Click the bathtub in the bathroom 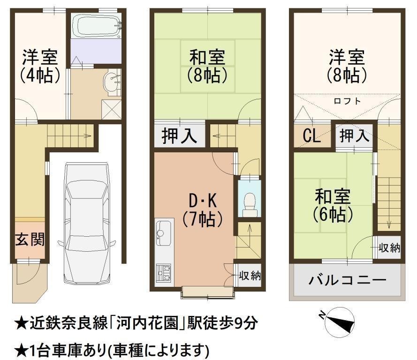pos(97,26)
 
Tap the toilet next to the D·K pos(250,204)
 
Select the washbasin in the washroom pos(113,82)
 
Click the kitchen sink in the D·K pos(163,233)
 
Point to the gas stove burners pos(163,273)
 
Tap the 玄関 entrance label pos(30,240)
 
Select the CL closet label pos(311,136)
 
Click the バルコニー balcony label pos(347,280)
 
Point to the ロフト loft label pos(347,101)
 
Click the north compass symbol pos(339,320)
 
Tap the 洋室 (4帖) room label pos(39,66)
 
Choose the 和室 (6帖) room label pos(333,206)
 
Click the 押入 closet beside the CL pos(354,136)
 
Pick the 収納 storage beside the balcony pos(389,247)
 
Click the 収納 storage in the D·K pos(250,276)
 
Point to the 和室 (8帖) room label pos(207,66)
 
